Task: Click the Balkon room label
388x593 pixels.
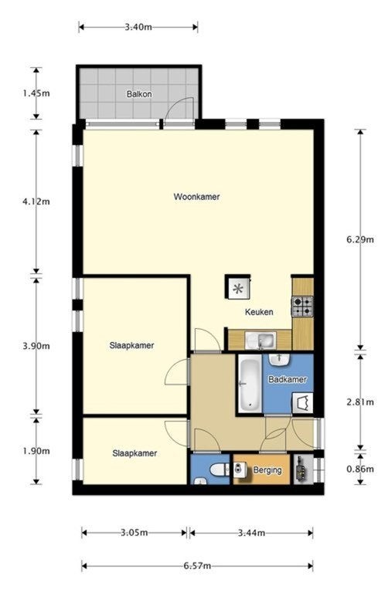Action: coord(139,93)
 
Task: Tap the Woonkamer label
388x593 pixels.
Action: coord(197,197)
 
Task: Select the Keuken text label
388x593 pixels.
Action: coord(259,312)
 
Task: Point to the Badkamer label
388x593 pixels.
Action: coord(288,379)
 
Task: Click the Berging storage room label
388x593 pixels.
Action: coord(267,470)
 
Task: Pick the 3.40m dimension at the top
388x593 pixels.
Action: coord(138,27)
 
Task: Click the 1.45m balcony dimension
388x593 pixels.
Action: coord(36,93)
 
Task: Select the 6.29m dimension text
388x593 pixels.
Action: coord(360,239)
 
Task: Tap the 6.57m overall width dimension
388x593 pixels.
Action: coord(197,566)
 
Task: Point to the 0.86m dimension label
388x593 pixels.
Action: coord(360,469)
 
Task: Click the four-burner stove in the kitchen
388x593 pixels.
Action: coord(302,307)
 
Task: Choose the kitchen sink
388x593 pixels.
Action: coord(260,341)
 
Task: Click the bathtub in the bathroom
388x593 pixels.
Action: coord(250,383)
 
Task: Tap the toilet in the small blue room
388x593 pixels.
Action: coord(220,470)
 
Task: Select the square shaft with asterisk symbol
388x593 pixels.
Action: coord(237,287)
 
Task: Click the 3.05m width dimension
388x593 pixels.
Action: coord(134,533)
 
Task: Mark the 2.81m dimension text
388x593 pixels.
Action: coord(360,402)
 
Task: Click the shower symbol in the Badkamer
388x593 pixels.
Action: coord(302,403)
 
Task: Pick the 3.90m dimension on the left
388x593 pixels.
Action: coord(36,346)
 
